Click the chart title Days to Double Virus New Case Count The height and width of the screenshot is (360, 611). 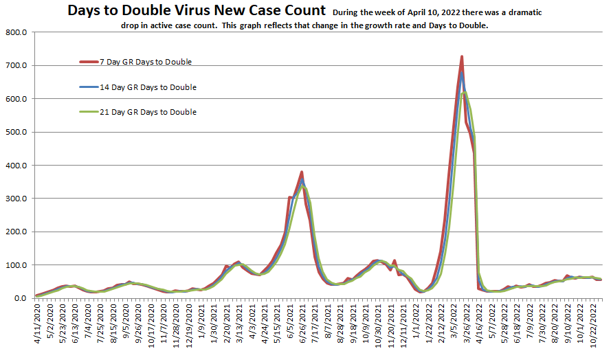tap(197, 11)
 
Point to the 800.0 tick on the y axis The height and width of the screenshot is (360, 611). tap(15, 32)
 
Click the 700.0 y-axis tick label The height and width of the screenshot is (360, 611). tap(15, 66)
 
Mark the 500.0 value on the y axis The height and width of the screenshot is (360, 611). tap(15, 132)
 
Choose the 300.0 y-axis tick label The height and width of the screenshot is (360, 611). tap(15, 199)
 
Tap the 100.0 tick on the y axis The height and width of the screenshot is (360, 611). tap(15, 265)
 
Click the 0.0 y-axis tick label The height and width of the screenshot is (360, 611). tap(19, 298)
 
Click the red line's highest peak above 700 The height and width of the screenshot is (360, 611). tap(462, 56)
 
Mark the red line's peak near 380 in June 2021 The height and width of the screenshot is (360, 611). tap(302, 172)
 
